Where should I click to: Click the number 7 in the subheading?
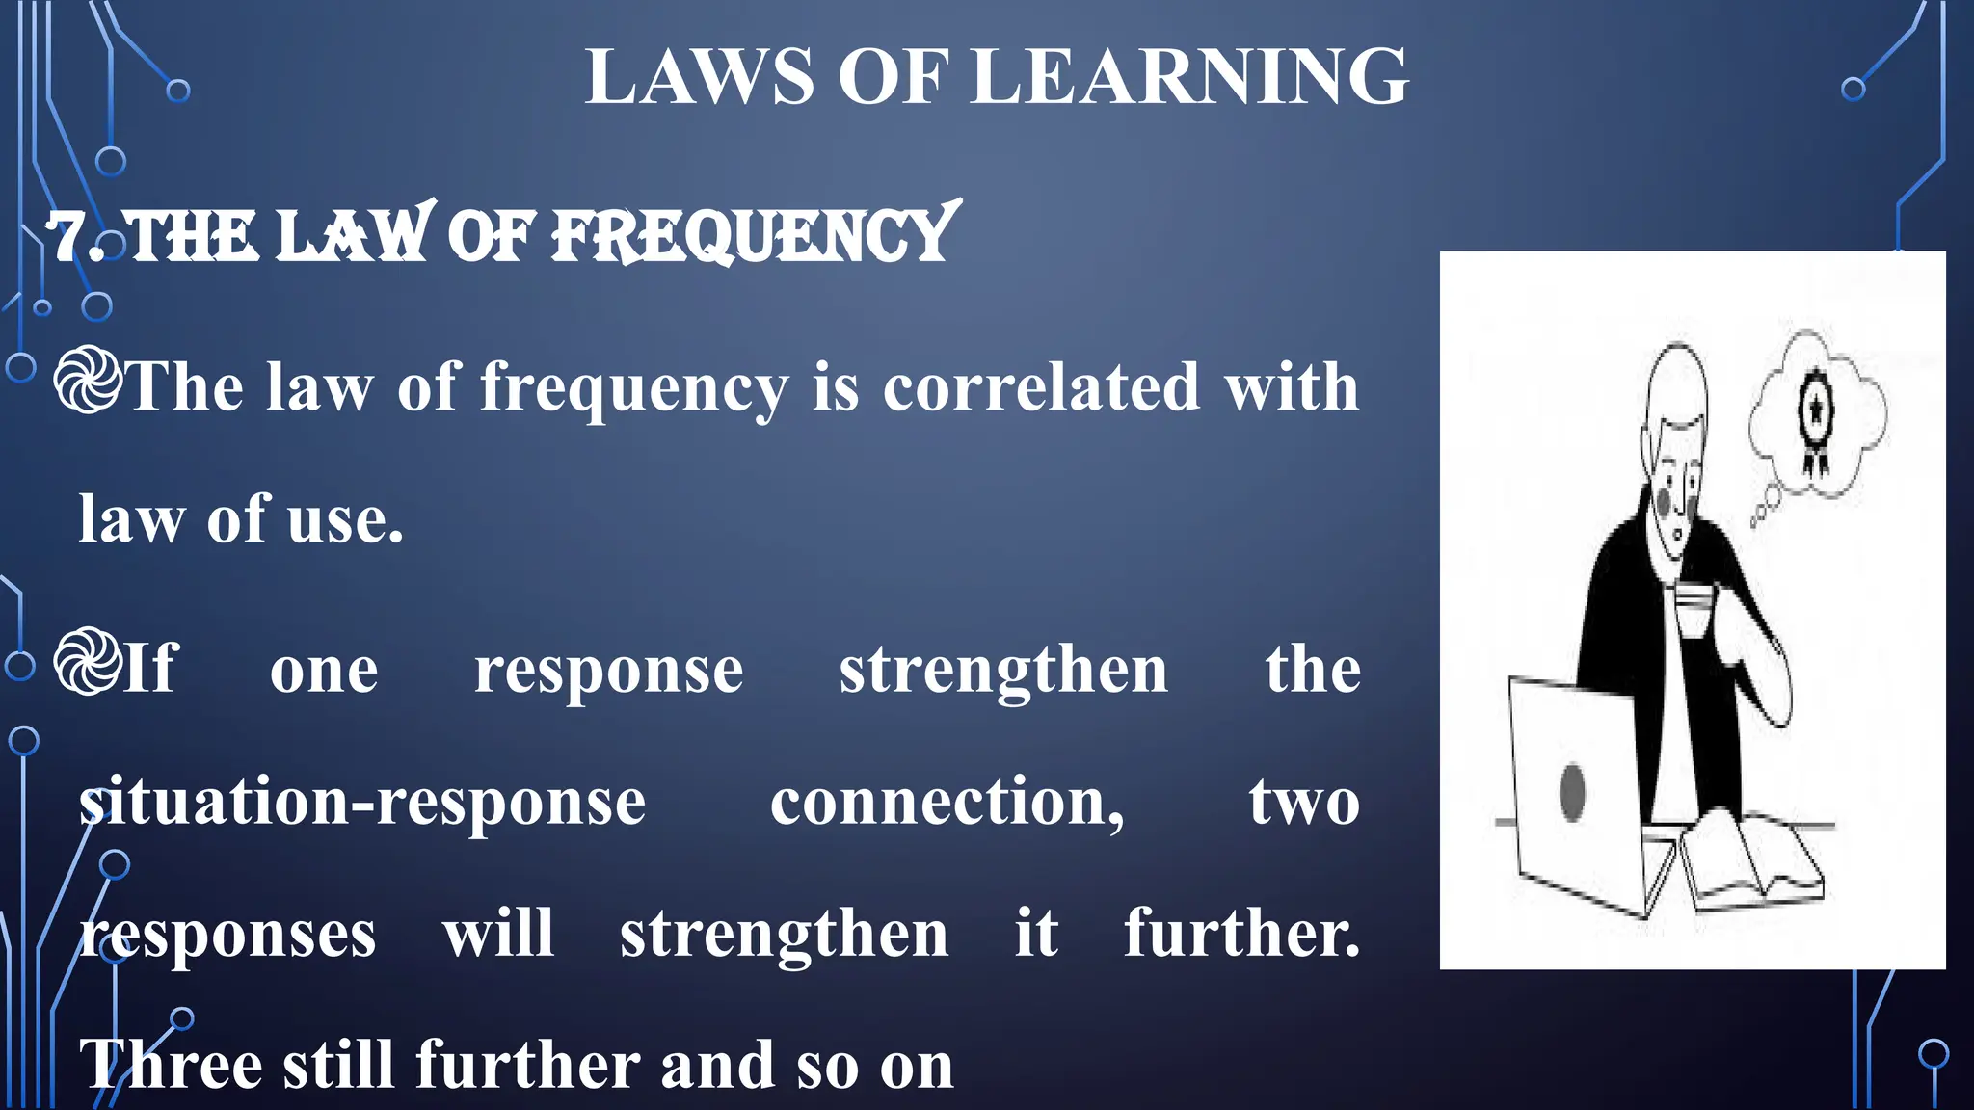[71, 237]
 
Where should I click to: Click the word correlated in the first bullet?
[1041, 387]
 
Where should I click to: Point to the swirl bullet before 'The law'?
[88, 382]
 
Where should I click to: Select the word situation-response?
[361, 803]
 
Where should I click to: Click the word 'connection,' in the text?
[947, 803]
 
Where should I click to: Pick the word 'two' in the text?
[1303, 803]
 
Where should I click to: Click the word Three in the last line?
[171, 1066]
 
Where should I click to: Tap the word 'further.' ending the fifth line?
[1241, 934]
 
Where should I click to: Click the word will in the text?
[498, 934]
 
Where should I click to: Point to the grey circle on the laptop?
[1572, 792]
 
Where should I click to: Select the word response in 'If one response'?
[608, 671]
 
